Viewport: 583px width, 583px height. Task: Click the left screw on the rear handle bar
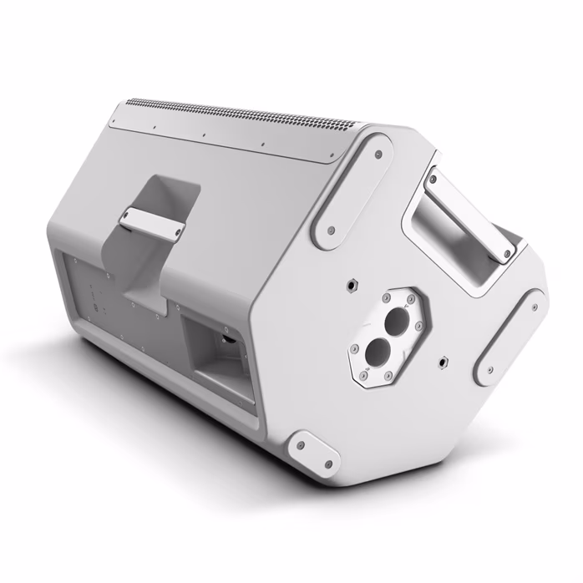126,220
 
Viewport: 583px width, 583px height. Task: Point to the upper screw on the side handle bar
434,178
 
